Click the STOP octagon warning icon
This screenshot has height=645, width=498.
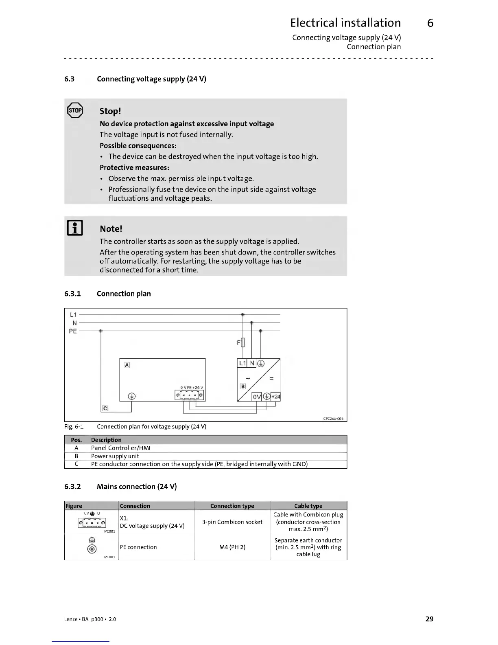[x=75, y=110]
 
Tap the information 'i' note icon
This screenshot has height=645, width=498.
[x=75, y=228]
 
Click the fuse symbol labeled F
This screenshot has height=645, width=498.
[x=243, y=343]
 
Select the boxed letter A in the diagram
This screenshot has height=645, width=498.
[x=127, y=365]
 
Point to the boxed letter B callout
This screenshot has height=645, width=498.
[x=243, y=386]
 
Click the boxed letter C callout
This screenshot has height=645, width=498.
[x=105, y=408]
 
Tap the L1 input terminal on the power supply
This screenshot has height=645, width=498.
[x=242, y=363]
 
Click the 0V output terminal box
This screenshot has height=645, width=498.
[x=257, y=397]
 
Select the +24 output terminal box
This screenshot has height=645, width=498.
[x=275, y=397]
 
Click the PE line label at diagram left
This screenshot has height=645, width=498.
[x=73, y=331]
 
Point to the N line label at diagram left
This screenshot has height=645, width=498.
[x=74, y=323]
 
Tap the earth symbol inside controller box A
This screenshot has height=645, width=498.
[x=132, y=396]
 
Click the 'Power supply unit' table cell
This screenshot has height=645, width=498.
[x=115, y=456]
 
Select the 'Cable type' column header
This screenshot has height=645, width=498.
[x=308, y=506]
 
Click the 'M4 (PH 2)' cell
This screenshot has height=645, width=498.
[x=232, y=547]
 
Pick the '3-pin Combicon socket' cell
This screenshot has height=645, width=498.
[x=232, y=522]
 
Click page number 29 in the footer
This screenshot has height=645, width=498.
[x=429, y=619]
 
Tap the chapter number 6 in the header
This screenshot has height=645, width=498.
[x=430, y=23]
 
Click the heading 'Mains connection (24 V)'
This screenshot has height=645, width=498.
[x=137, y=487]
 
